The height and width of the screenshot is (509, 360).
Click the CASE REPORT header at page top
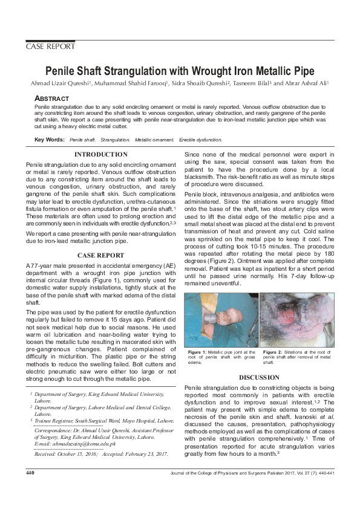[50, 47]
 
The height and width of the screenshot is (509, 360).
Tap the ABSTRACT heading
[51, 98]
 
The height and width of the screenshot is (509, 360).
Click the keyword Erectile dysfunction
[201, 140]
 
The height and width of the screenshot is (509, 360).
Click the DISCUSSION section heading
[258, 377]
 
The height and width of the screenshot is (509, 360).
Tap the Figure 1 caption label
[199, 352]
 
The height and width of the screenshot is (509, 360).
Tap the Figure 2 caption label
[275, 352]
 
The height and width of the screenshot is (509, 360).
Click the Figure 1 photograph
[221, 319]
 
